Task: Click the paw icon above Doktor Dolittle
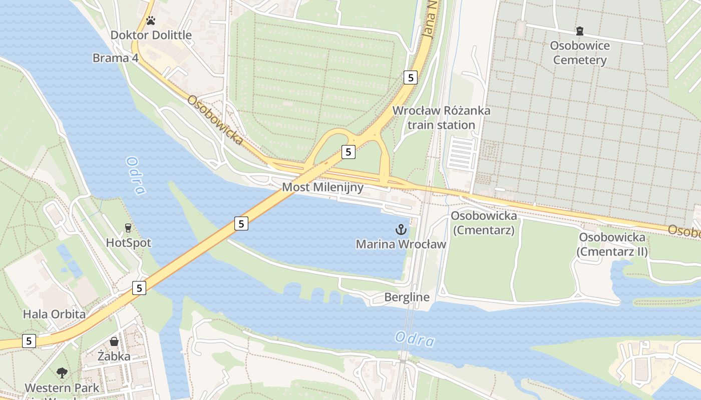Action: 151,20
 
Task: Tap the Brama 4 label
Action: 115,58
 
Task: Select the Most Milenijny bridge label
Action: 323,187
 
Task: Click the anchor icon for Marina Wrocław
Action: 401,230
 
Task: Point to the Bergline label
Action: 407,297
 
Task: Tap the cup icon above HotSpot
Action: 128,228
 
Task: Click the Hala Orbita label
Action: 54,314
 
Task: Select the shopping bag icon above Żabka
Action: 114,341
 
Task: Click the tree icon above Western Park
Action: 62,372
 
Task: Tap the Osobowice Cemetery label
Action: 580,53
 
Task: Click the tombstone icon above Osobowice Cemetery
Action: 580,31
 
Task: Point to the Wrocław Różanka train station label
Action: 441,117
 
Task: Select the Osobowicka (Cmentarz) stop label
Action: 484,223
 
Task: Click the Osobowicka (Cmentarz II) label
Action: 612,244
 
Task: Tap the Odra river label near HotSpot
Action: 136,176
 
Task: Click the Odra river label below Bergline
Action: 414,339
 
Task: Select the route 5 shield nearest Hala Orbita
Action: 139,288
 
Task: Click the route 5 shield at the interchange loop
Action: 348,151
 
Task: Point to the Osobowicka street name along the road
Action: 216,120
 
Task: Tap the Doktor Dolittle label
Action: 151,35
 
